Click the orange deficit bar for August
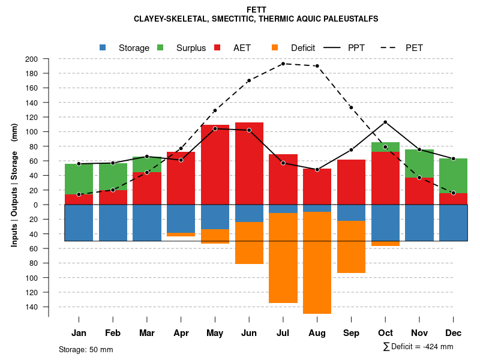pos(317,262)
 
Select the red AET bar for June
pos(249,163)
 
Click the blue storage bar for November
pos(419,223)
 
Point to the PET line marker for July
pos(283,64)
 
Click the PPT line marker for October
pos(385,122)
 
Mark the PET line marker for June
pos(249,80)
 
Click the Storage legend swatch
pos(103,48)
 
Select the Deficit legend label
pos(303,48)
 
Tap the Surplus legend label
pos(191,48)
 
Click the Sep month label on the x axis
pos(351,333)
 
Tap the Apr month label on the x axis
pos(181,333)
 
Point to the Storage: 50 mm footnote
pos(86,349)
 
